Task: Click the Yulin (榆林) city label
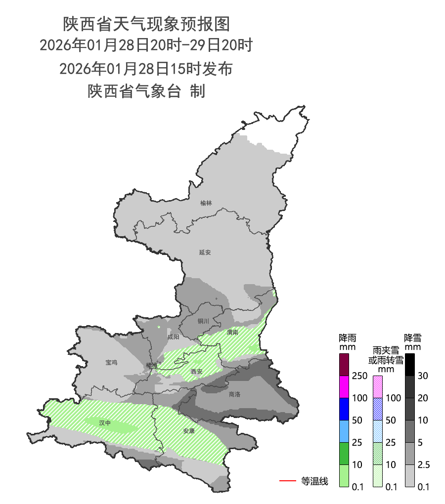pos(206,203)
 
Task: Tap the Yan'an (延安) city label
pos(205,252)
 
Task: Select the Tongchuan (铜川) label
pos(204,321)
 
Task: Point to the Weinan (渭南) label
pos(232,333)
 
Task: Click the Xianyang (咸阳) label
pos(174,337)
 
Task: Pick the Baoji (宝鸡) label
pos(111,363)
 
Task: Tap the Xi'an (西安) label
pos(197,372)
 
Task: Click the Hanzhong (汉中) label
pos(105,423)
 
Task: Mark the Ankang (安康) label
pos(189,431)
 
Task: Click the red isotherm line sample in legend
pos(287,480)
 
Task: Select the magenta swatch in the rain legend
pos(345,387)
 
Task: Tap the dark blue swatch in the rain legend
pos(345,409)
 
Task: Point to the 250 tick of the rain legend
pos(359,376)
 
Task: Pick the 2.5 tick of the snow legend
pos(423,465)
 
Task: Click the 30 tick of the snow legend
pos(422,376)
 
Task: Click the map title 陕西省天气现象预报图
pos(146,23)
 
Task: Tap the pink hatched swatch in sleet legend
pos(377,387)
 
